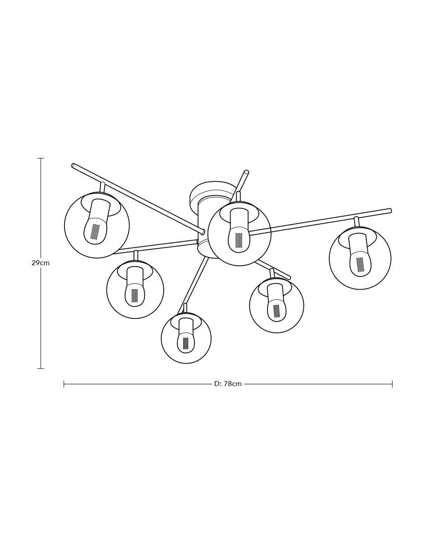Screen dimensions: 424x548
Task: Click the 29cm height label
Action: (41, 263)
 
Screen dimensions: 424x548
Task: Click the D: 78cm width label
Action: (228, 384)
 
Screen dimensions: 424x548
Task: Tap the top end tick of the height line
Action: (41, 158)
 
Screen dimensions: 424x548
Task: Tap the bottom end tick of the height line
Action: (41, 368)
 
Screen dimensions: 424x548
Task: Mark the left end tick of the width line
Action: (64, 384)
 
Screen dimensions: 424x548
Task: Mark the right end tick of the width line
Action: (392, 384)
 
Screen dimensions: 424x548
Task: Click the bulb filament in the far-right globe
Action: (360, 264)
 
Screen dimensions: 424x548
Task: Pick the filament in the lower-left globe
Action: (135, 296)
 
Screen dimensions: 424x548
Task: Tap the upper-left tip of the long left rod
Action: (73, 166)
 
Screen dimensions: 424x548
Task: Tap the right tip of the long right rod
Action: (390, 210)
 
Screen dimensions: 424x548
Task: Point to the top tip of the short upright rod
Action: (247, 172)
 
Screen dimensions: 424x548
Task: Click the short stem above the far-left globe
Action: (102, 187)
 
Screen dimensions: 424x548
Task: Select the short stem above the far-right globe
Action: (356, 221)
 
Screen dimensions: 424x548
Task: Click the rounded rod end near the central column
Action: (202, 231)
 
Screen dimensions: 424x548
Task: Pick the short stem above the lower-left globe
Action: (136, 255)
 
